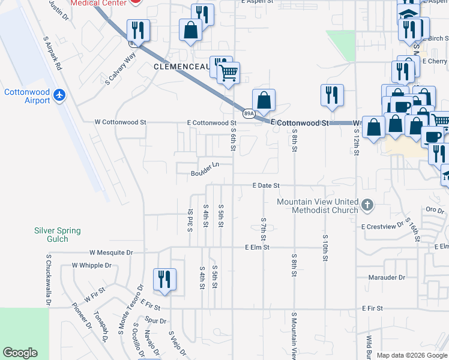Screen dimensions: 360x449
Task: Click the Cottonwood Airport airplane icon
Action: [x=59, y=95]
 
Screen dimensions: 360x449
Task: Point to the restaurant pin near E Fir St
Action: [x=164, y=279]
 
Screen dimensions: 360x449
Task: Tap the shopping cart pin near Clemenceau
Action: [x=228, y=73]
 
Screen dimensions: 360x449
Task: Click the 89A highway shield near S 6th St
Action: [x=249, y=112]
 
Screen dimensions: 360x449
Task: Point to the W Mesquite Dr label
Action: [x=111, y=253]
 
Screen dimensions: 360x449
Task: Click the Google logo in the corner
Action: [x=20, y=353]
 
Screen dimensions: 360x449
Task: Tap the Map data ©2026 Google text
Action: [x=412, y=356]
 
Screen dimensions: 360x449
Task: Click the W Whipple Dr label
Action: [x=92, y=265]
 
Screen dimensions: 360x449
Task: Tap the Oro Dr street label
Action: [x=435, y=211]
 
